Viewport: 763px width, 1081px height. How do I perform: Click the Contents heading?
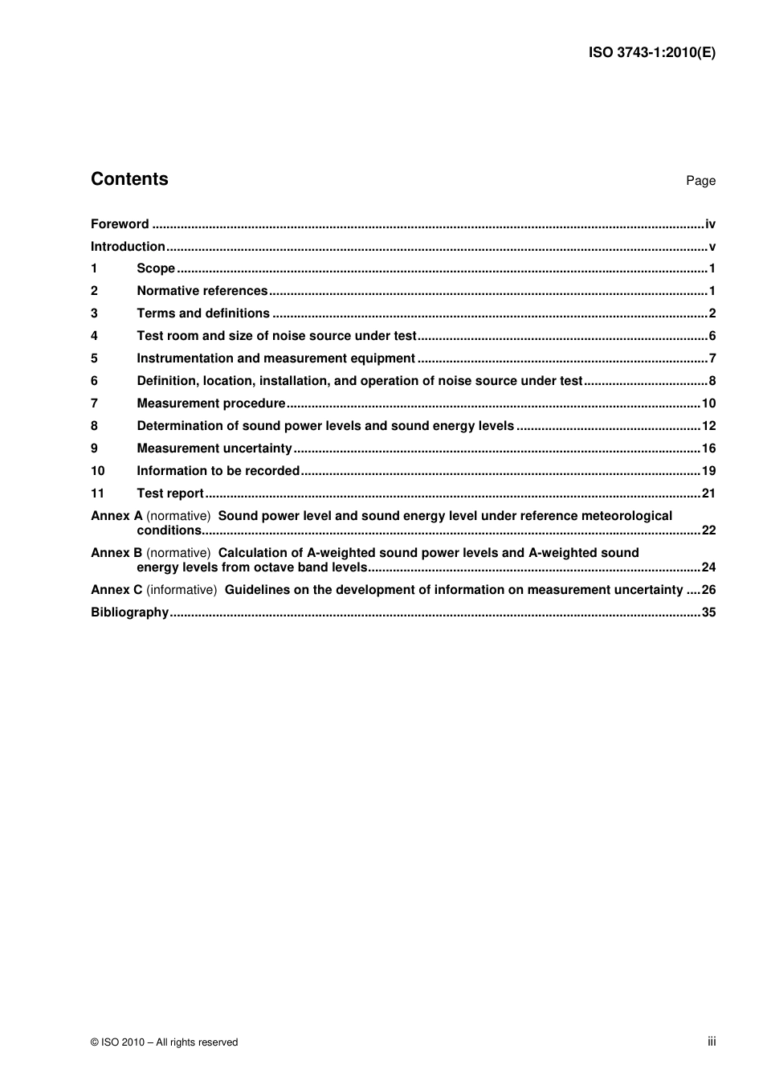[129, 179]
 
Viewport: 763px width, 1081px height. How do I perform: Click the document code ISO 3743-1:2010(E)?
[651, 53]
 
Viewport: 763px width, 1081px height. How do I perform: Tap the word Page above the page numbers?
[700, 181]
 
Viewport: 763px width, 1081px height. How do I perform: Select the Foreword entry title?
[120, 224]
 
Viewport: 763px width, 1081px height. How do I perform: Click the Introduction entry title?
[128, 247]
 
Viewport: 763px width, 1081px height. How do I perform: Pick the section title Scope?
[156, 268]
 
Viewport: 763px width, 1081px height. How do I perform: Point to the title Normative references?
[202, 291]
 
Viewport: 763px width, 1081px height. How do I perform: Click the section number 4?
[94, 336]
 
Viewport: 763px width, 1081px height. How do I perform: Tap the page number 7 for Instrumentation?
[712, 358]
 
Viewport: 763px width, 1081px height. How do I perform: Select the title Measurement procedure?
[211, 403]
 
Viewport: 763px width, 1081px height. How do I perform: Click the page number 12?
[708, 426]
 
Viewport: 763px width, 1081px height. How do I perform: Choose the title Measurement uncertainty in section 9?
[214, 448]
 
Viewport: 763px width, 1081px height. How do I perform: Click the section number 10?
[97, 471]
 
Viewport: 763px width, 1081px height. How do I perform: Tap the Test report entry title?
[170, 493]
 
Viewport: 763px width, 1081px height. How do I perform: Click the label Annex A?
[116, 516]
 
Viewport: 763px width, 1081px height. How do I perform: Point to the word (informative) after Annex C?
[182, 590]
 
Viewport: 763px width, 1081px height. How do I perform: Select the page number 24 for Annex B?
[708, 567]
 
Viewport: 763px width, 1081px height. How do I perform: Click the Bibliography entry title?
[129, 612]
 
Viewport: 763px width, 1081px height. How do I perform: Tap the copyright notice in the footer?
[165, 1042]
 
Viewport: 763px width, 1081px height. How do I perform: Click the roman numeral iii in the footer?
[712, 1042]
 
